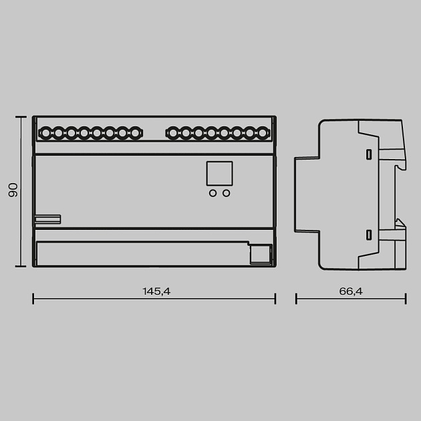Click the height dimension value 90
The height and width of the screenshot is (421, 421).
point(13,191)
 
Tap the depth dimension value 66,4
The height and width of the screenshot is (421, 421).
point(351,291)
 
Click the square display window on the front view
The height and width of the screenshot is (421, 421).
point(219,174)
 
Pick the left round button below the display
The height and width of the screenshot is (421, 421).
point(213,193)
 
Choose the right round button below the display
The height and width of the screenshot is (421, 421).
point(227,193)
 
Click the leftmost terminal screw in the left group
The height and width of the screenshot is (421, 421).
point(45,133)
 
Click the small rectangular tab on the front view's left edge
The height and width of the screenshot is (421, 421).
point(47,219)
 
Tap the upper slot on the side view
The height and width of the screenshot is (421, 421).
point(368,154)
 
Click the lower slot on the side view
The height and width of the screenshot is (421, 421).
point(368,235)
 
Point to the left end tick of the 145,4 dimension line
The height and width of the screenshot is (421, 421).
point(33,298)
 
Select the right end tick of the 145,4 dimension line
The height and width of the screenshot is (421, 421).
point(275,298)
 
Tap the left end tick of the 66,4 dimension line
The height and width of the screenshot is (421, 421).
point(296,298)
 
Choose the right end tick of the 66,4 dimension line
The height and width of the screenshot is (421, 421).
point(406,298)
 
